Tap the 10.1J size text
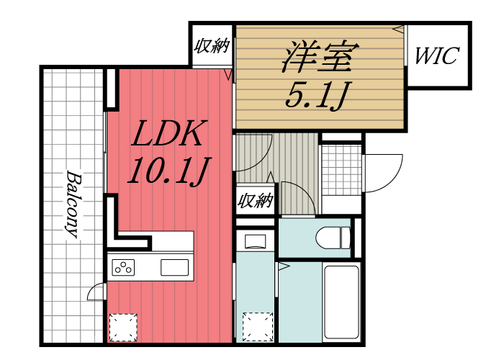point(168,170)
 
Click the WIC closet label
point(436,56)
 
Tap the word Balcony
point(73,203)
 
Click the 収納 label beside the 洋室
point(212,47)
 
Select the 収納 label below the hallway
point(256,201)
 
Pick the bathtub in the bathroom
point(341,302)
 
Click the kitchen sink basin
point(175,267)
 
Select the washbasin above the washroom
point(255,240)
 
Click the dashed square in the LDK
point(122,327)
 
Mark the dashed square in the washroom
point(257,326)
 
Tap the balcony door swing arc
point(95,292)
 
